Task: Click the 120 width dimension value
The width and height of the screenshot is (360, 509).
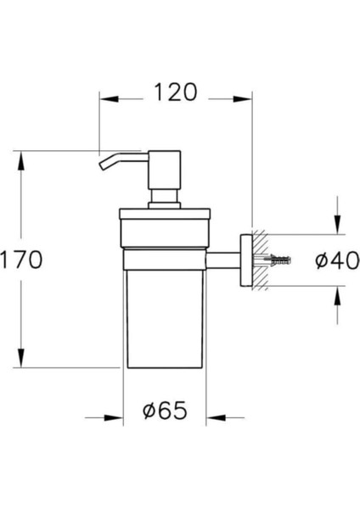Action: coord(176,92)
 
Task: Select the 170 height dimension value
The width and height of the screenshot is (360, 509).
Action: coord(21,260)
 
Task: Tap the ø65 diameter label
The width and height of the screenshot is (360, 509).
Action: coord(165,410)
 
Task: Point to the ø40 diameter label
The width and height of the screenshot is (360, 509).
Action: coord(337,260)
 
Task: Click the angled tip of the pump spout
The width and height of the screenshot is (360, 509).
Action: coord(104,165)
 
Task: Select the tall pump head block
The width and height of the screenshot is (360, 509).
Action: coord(165,170)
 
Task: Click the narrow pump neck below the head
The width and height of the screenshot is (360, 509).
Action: coord(165,196)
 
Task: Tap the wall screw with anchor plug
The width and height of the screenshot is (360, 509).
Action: coord(277,260)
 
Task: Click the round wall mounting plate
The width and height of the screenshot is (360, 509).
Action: coord(246,260)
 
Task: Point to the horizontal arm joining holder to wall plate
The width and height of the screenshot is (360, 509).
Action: coord(223,260)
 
